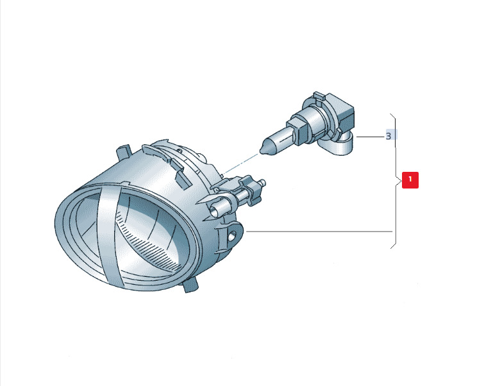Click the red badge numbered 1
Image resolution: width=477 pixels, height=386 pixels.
[x=410, y=180]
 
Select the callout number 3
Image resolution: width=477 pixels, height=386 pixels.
[x=388, y=136]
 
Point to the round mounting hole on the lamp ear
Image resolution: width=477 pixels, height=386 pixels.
[x=232, y=235]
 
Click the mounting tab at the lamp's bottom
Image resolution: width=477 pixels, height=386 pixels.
[x=190, y=285]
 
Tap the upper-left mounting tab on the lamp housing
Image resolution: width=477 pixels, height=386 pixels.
[x=124, y=153]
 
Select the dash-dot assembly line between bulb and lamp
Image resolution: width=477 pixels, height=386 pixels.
[x=240, y=164]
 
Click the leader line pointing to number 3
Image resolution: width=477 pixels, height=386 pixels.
[x=370, y=137]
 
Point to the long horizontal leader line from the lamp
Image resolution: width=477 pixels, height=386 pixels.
[x=319, y=231]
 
